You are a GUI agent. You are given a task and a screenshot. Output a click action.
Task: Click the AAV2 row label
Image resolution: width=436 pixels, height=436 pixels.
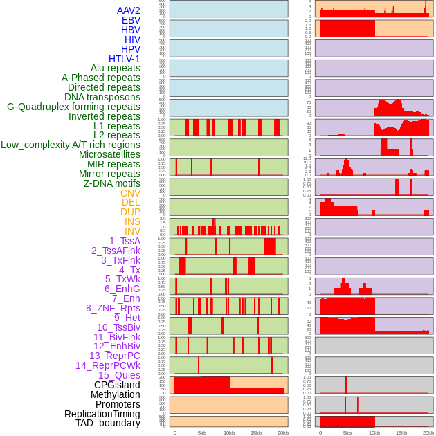click(128, 10)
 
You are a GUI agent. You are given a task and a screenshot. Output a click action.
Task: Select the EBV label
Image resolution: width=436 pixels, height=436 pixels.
click(131, 20)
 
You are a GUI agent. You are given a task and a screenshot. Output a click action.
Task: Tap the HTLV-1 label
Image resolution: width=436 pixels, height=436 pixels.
click(124, 59)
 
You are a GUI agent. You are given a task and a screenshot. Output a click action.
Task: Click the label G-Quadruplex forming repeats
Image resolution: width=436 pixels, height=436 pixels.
click(73, 107)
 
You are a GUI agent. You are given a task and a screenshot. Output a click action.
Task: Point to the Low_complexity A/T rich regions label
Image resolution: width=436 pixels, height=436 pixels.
click(71, 145)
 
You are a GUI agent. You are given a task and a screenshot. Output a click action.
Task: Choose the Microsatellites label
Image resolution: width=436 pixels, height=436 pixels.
click(109, 154)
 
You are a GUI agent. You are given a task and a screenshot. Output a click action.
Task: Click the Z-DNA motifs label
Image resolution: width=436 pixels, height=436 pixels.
click(111, 183)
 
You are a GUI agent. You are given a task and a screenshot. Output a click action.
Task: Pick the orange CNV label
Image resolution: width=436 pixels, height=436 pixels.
click(130, 193)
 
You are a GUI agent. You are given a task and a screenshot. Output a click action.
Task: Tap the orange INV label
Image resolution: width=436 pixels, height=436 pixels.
click(132, 231)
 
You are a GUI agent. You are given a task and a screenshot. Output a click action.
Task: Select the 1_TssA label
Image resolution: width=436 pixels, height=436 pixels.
click(125, 241)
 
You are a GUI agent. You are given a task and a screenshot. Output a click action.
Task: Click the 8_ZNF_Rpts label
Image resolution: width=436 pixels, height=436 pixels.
click(113, 308)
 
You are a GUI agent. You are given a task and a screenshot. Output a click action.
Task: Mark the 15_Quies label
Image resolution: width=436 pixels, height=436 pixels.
click(119, 375)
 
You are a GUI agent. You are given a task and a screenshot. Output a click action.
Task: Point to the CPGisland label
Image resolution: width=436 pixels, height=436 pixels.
click(117, 385)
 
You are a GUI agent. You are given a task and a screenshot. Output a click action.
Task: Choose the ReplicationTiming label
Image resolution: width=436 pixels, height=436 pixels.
click(102, 414)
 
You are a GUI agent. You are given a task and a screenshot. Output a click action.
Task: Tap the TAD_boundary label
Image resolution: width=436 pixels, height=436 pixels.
click(107, 423)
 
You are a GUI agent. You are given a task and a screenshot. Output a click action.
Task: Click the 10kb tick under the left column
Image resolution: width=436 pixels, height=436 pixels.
click(229, 433)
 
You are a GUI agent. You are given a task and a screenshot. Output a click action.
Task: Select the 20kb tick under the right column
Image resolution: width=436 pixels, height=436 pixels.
click(428, 433)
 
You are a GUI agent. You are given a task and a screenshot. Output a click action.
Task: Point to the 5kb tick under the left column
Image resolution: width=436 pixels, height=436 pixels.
click(202, 433)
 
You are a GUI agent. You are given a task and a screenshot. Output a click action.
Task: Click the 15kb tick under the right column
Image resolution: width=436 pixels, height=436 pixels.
click(401, 433)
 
